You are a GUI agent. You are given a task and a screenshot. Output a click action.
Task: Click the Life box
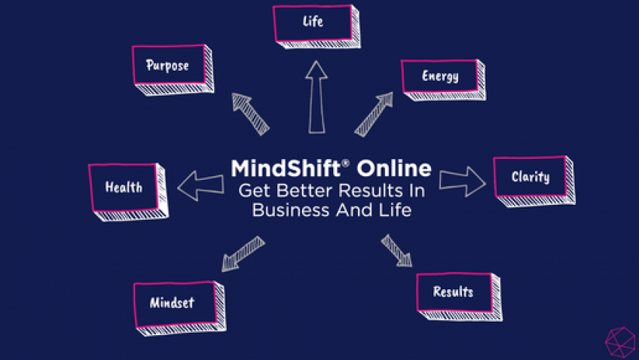click(x=313, y=23)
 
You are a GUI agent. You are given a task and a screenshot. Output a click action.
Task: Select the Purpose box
click(x=167, y=66)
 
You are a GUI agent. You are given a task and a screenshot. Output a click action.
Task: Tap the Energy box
click(x=440, y=76)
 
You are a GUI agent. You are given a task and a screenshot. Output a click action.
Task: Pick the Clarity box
click(x=530, y=178)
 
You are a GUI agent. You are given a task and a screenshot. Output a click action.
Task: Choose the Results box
click(x=454, y=291)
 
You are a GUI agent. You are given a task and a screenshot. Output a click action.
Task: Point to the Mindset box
click(x=172, y=303)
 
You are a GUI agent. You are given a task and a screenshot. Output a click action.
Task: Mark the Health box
click(x=124, y=187)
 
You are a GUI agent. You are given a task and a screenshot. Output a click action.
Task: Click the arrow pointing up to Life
click(x=317, y=97)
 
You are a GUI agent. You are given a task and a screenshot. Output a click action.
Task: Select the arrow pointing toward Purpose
click(x=250, y=114)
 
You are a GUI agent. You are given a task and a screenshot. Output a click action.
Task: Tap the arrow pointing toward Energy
click(x=374, y=114)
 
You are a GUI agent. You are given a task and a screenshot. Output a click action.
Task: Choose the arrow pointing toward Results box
click(x=396, y=251)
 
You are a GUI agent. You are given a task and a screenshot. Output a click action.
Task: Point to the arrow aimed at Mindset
click(x=243, y=254)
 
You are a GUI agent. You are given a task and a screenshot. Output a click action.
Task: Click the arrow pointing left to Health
click(x=200, y=185)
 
